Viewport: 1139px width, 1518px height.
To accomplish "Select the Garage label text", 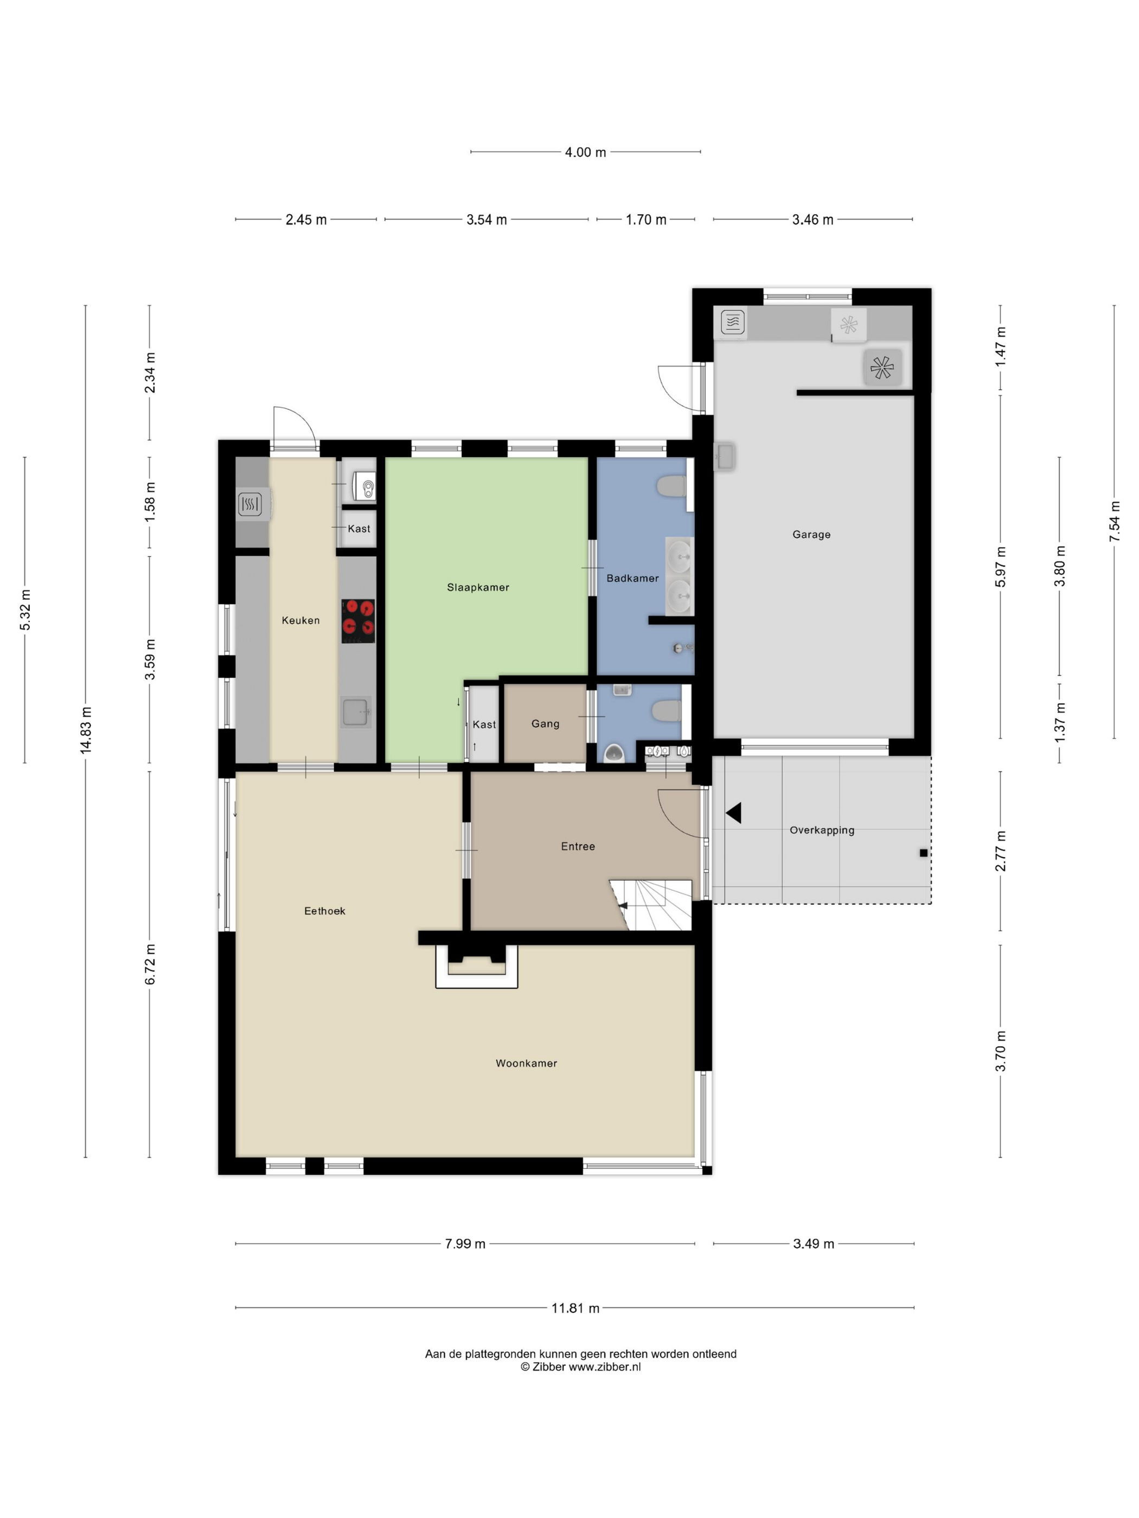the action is pyautogui.click(x=811, y=535).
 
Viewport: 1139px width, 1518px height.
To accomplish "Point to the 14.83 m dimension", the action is pyautogui.click(x=86, y=730).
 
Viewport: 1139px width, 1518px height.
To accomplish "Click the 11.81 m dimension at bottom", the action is pyautogui.click(x=575, y=1309).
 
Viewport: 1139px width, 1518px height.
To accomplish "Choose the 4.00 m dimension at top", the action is pyautogui.click(x=586, y=152).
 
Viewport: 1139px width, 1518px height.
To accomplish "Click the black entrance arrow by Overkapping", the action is pyautogui.click(x=733, y=813).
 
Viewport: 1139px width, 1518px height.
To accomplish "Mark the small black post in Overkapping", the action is pyautogui.click(x=924, y=853).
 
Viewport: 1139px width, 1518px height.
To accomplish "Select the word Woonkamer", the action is pyautogui.click(x=527, y=1064).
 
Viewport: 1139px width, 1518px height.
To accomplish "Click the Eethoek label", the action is pyautogui.click(x=325, y=911).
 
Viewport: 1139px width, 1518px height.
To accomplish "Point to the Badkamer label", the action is pyautogui.click(x=632, y=578).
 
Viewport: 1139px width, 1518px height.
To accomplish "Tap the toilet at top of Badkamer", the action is pyautogui.click(x=671, y=486).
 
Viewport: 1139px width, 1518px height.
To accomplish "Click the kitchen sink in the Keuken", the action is pyautogui.click(x=356, y=712).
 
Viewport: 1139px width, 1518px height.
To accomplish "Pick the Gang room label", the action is pyautogui.click(x=545, y=724).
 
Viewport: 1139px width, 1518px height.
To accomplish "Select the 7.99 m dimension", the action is pyautogui.click(x=465, y=1244).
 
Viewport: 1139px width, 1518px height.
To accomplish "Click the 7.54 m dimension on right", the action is pyautogui.click(x=1114, y=521).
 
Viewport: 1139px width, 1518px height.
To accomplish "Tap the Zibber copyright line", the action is pyautogui.click(x=581, y=1367).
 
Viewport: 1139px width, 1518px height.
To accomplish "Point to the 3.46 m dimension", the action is pyautogui.click(x=813, y=220).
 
